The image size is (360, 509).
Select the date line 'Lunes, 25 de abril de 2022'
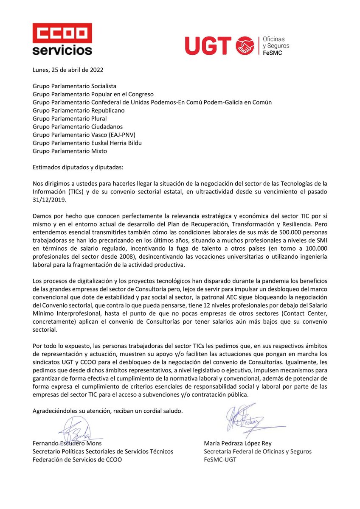coord(68,70)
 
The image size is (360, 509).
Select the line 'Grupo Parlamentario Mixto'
coord(70,151)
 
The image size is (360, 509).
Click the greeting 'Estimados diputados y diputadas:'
coord(78,167)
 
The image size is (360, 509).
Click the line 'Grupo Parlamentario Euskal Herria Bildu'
coord(87,143)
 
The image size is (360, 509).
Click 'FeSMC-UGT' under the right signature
coord(219,460)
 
